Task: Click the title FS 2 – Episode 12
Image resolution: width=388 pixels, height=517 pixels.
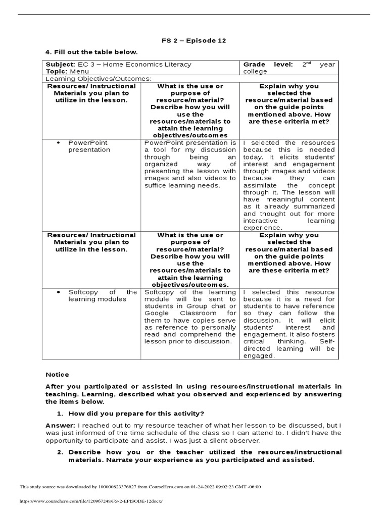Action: pyautogui.click(x=193, y=41)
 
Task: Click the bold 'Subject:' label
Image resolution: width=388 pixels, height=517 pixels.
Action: pyautogui.click(x=60, y=65)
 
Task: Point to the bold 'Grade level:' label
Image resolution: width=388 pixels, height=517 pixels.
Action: pyautogui.click(x=268, y=65)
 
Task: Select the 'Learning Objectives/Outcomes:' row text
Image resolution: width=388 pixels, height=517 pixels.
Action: pyautogui.click(x=99, y=79)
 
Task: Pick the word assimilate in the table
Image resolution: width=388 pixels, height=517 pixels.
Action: pyautogui.click(x=262, y=185)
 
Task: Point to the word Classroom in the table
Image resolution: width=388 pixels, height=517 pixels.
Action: pyautogui.click(x=198, y=314)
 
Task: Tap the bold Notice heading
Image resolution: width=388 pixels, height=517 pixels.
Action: pyautogui.click(x=57, y=375)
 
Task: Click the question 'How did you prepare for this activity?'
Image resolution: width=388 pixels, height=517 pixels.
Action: pyautogui.click(x=136, y=413)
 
